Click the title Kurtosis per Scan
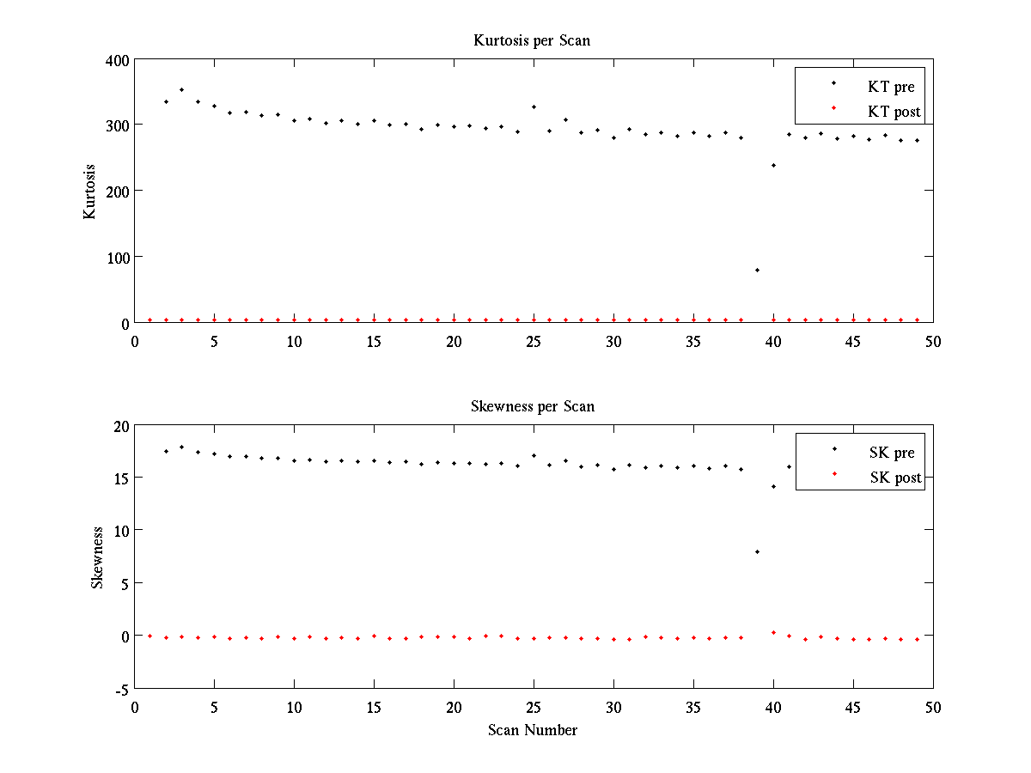coord(532,40)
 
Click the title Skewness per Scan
coord(532,406)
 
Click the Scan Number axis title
coord(533,730)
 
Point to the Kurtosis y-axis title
coord(89,192)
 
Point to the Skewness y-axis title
coord(98,557)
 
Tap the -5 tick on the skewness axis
coord(121,690)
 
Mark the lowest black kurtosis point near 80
coord(757,270)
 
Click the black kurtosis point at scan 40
coord(773,165)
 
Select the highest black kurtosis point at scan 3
coord(181,89)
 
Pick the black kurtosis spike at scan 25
coord(534,107)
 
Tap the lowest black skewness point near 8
coord(757,551)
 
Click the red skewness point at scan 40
coord(773,632)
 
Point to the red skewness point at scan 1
coord(149,636)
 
